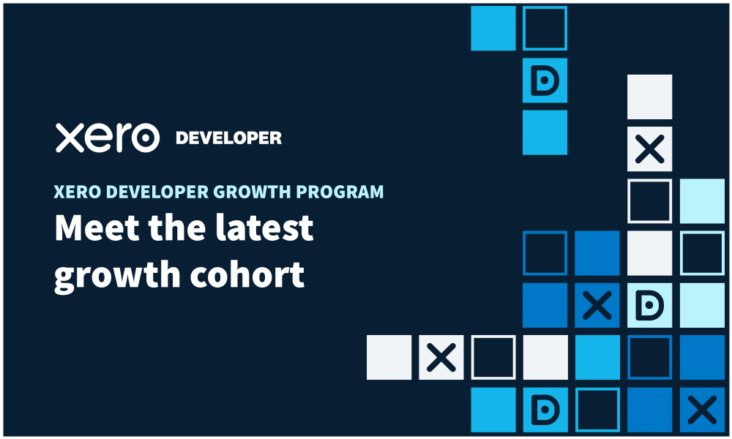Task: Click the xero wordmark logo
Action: click(108, 138)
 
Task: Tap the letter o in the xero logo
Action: click(145, 138)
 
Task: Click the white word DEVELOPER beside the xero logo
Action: click(228, 138)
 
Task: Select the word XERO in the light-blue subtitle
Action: click(77, 192)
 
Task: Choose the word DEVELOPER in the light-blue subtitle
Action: click(157, 192)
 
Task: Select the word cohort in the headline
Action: click(247, 274)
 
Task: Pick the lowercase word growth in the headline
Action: click(117, 276)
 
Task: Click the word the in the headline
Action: click(177, 228)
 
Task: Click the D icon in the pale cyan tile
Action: click(649, 306)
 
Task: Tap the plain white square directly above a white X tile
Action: click(649, 97)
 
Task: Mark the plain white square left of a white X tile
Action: click(389, 357)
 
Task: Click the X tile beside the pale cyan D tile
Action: click(597, 306)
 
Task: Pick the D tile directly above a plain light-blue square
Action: click(545, 80)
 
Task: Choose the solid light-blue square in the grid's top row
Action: click(493, 28)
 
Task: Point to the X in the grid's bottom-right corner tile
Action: click(702, 410)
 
